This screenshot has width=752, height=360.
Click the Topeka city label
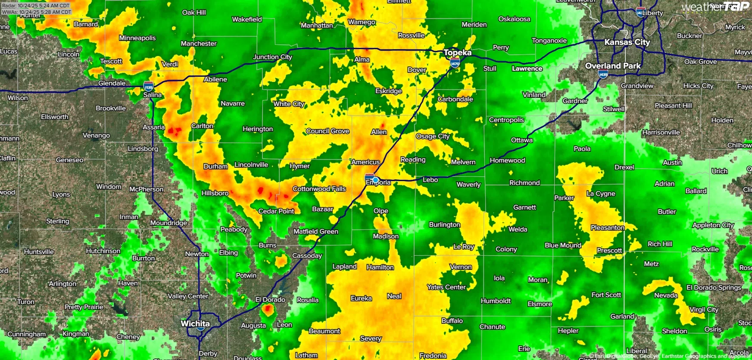click(x=457, y=53)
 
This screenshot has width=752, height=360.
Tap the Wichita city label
click(x=195, y=323)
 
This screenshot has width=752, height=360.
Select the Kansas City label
click(x=627, y=42)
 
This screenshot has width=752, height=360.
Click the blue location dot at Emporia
click(x=375, y=180)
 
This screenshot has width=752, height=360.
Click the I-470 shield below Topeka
click(x=455, y=63)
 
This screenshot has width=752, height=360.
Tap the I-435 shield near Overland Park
click(x=603, y=74)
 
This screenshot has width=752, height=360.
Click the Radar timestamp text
click(x=36, y=6)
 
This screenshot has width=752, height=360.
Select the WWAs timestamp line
click(x=36, y=12)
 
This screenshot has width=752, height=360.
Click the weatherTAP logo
click(x=715, y=6)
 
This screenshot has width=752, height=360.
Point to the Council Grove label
click(x=328, y=131)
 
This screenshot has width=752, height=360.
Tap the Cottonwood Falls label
click(x=319, y=189)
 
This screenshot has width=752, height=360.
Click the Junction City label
click(x=272, y=57)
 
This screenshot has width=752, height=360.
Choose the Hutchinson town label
click(x=103, y=251)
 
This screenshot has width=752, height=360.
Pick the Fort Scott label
click(x=606, y=295)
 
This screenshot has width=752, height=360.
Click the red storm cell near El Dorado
click(x=268, y=309)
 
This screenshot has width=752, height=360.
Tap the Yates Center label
click(x=446, y=287)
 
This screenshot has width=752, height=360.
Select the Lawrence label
click(x=527, y=69)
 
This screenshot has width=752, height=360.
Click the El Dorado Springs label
click(x=714, y=288)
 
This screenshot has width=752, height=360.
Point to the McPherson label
click(x=147, y=189)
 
